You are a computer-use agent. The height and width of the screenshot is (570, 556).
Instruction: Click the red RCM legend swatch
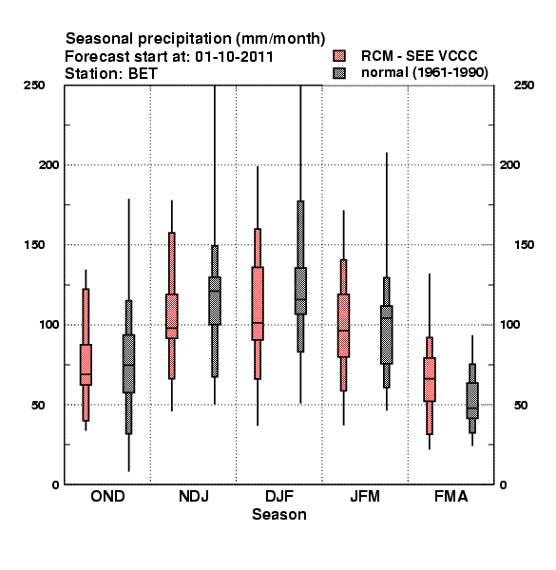tap(339, 56)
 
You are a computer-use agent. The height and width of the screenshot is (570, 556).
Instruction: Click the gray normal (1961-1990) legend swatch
tap(339, 73)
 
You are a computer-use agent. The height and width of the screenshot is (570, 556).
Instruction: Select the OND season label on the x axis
tap(107, 496)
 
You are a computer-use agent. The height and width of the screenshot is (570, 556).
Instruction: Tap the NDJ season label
tap(194, 496)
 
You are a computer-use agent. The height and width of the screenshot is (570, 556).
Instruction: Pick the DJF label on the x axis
tap(279, 496)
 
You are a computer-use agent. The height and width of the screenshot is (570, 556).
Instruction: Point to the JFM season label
tap(365, 496)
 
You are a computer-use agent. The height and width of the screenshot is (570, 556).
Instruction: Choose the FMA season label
tap(451, 496)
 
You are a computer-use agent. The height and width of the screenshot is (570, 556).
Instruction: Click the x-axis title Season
tap(279, 514)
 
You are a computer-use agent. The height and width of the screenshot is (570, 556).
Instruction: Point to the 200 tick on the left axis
tap(48, 164)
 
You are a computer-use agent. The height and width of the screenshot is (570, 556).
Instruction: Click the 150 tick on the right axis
tap(524, 245)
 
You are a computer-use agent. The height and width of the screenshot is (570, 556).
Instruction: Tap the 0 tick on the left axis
tap(55, 484)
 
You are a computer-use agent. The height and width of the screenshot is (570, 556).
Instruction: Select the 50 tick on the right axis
tap(521, 405)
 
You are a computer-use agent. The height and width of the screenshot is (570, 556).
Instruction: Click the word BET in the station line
tap(143, 74)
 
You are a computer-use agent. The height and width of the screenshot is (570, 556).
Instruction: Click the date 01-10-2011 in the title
tap(234, 57)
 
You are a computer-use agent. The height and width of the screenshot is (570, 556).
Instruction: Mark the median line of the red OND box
tap(86, 374)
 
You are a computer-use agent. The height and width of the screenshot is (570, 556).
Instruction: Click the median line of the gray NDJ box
tap(215, 291)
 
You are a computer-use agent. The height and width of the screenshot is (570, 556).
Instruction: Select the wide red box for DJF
tap(258, 304)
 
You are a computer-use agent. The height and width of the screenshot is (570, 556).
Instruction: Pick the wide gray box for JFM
tap(387, 334)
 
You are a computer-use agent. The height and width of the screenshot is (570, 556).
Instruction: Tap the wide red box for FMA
tap(430, 379)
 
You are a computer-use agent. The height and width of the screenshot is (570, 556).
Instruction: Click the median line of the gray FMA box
tap(472, 408)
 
